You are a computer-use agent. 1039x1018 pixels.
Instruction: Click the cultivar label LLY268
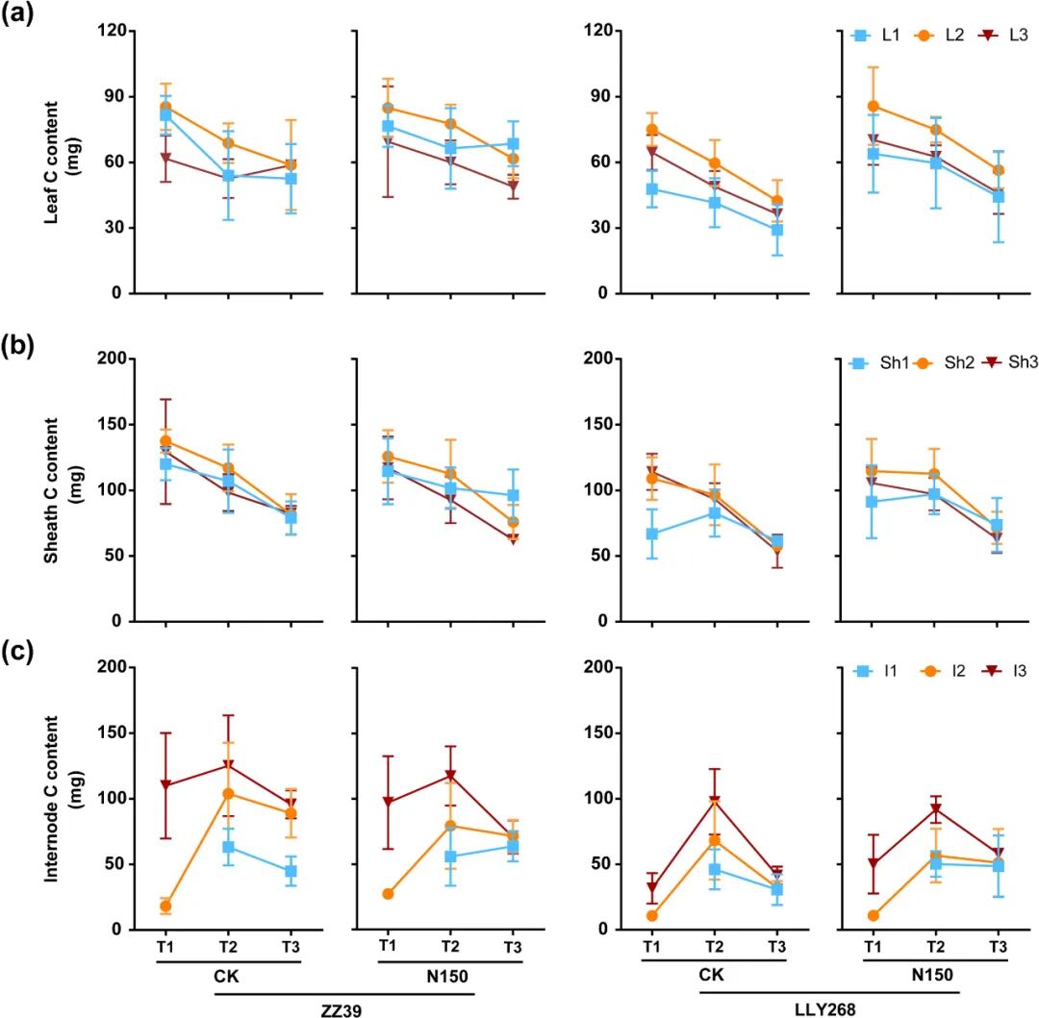click(x=826, y=1005)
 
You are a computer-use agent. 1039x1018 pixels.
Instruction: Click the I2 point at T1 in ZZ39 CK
click(x=165, y=906)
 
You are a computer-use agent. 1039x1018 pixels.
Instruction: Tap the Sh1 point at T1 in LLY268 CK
click(x=651, y=534)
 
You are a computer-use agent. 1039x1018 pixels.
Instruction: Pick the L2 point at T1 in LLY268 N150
click(x=874, y=106)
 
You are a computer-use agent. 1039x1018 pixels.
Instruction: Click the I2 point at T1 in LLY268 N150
click(x=874, y=916)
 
